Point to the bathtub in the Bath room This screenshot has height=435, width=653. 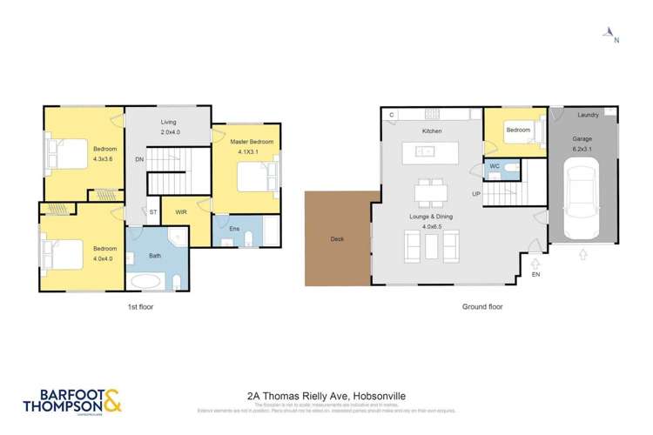pos(145,281)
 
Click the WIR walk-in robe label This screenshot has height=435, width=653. pos(181,211)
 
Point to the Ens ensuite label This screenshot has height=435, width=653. pos(233,229)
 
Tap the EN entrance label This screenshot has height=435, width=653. pos(535,274)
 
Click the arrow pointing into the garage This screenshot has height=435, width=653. pos(582,255)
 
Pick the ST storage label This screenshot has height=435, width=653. pos(153,211)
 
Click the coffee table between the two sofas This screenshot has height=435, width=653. pos(431,246)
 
